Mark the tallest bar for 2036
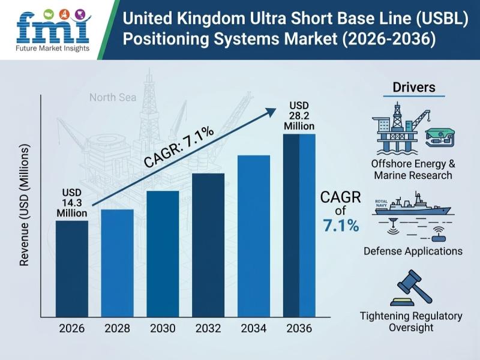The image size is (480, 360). click(299, 225)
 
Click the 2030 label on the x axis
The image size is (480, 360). click(162, 329)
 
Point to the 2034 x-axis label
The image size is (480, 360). click(253, 329)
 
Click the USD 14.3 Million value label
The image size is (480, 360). click(72, 203)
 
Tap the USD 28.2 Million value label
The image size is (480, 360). click(299, 117)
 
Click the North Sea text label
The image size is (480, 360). click(113, 97)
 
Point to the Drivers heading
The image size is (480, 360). click(414, 88)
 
